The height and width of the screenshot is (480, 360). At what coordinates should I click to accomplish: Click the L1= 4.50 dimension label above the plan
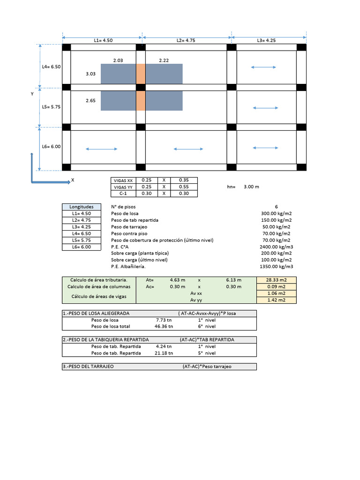click(103, 41)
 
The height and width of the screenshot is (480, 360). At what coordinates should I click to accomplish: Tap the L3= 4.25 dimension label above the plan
click(266, 41)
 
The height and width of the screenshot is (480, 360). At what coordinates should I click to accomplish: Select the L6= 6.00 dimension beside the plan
click(51, 146)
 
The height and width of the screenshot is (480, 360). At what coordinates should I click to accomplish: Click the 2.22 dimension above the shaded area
click(164, 60)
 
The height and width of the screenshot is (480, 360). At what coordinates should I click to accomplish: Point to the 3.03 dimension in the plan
click(91, 74)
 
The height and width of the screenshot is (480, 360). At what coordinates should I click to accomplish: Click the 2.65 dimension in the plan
click(91, 100)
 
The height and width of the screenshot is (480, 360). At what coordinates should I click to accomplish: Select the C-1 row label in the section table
click(123, 194)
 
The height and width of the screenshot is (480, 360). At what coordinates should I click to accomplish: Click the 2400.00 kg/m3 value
click(276, 247)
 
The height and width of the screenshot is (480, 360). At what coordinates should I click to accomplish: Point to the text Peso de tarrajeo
click(129, 227)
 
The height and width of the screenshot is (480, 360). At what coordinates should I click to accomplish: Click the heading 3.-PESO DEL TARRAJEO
click(88, 367)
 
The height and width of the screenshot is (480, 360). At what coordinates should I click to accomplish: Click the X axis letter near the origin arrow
click(73, 180)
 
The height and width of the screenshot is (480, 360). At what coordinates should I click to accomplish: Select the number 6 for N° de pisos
click(276, 207)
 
